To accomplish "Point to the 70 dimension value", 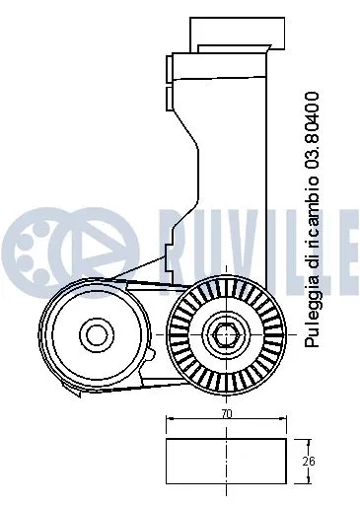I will pos(227,416).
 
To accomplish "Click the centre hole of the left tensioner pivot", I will pos(95,334).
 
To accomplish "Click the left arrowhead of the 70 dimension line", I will pos(171,421).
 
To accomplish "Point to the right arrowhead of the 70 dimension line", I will pos(284,421).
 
